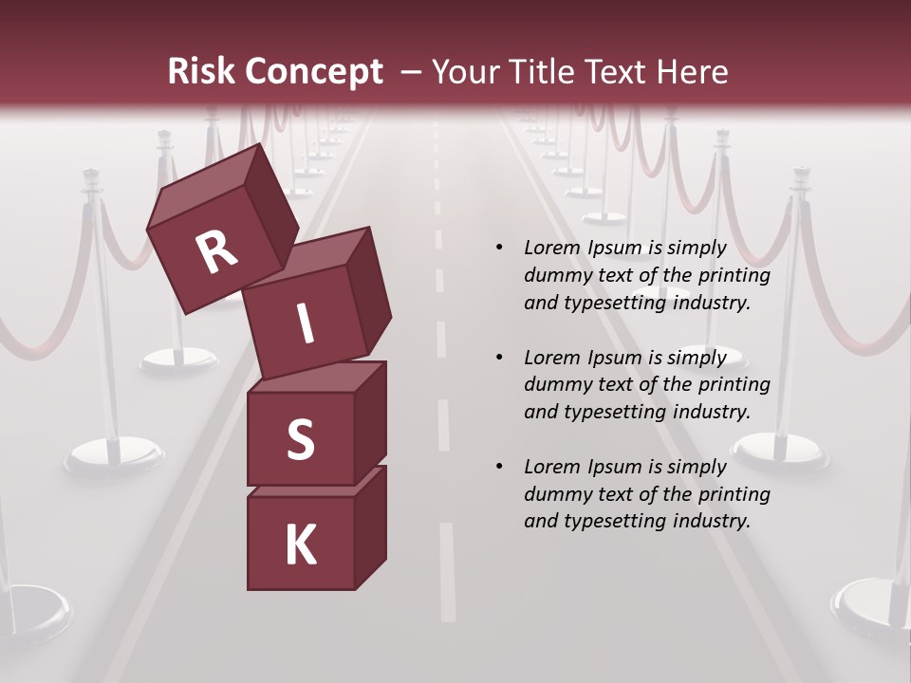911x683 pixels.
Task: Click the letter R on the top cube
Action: [x=217, y=252]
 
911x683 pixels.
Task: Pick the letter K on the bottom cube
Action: [x=300, y=545]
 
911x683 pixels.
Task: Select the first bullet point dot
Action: [x=499, y=249]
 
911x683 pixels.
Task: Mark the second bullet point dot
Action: [x=499, y=358]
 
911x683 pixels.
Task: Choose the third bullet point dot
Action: [x=499, y=467]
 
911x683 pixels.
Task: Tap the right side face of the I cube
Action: [x=367, y=289]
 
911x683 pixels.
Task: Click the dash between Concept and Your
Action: [x=412, y=72]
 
